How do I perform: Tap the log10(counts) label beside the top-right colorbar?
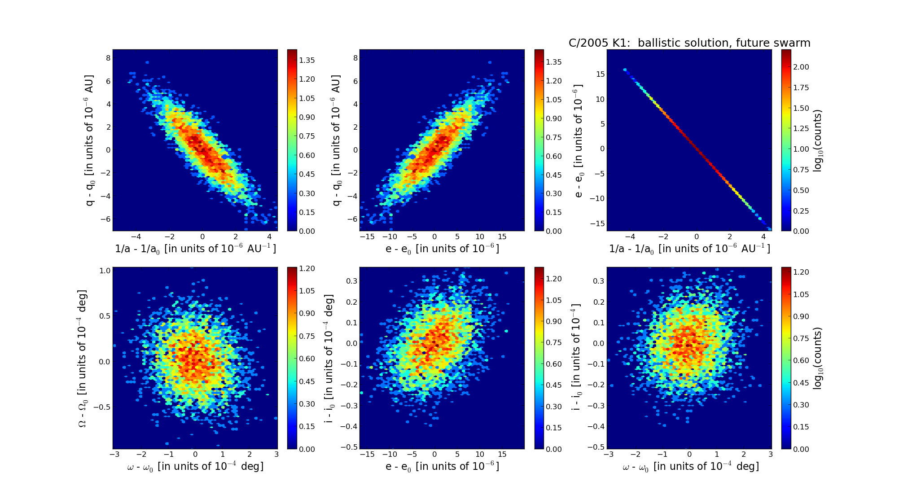pos(818,140)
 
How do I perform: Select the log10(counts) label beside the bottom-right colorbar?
pos(818,358)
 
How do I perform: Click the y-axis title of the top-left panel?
pos(90,140)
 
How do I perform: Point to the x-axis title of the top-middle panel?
pos(442,249)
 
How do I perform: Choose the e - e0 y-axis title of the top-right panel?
pos(579,140)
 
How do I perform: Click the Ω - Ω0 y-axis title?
pos(83,358)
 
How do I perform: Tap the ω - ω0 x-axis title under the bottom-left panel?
pos(195,467)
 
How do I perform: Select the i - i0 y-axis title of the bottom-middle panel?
pos(329,358)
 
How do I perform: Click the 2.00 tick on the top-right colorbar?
pos(801,67)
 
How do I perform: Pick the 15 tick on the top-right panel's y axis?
pos(600,74)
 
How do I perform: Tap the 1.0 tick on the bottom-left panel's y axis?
pos(105,271)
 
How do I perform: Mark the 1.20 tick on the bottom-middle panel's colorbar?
pos(554,279)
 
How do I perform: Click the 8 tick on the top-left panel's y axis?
pos(108,58)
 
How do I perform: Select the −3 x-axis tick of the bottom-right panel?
pos(609,454)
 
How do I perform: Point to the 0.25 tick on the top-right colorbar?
pos(801,211)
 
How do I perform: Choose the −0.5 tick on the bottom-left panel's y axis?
pos(102,407)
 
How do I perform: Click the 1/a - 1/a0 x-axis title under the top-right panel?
pos(689,249)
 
